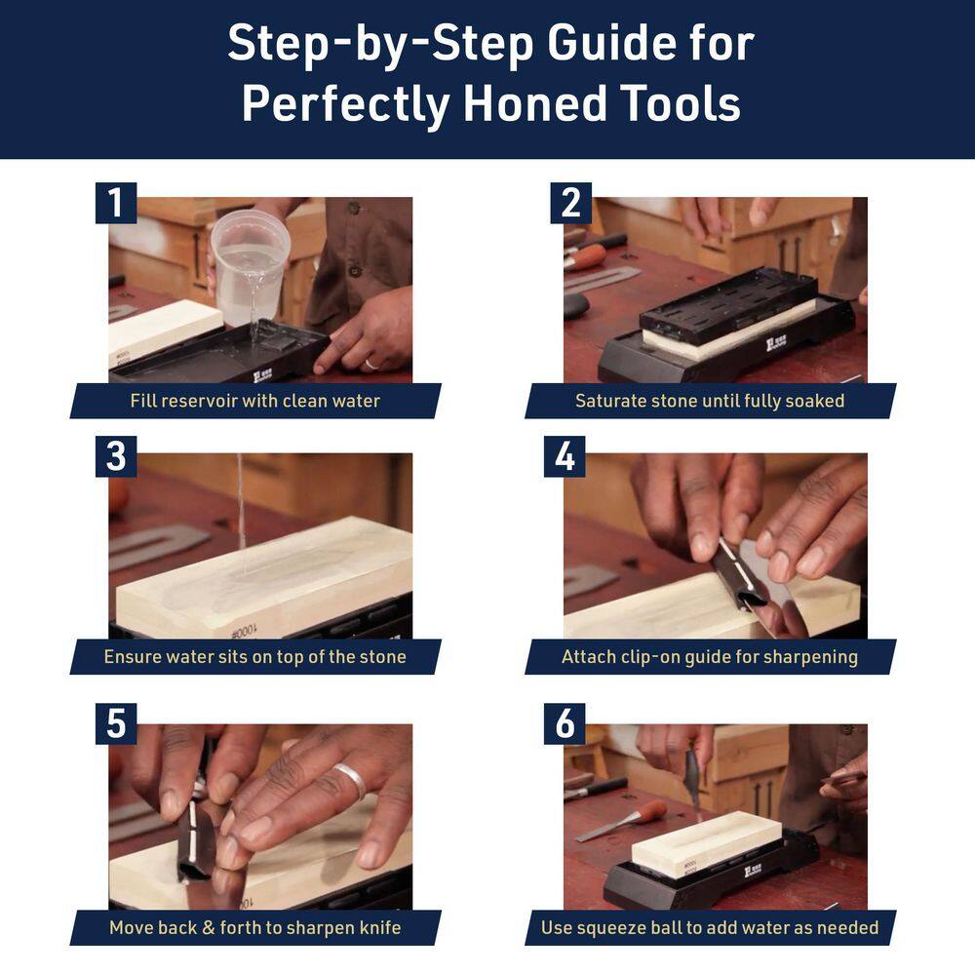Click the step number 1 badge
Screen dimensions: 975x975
[x=116, y=203]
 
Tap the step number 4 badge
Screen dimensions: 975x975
[x=565, y=456]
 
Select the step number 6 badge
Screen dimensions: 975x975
[x=565, y=724]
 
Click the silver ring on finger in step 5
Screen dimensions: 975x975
[x=349, y=781]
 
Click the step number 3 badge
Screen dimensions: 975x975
[x=116, y=456]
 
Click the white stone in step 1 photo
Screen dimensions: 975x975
[x=161, y=329]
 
